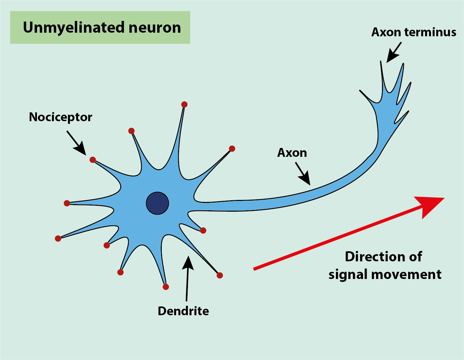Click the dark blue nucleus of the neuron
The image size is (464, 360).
coord(157,203)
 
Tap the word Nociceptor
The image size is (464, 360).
coord(60,117)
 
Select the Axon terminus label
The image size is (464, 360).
coord(414,32)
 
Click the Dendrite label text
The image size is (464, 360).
coord(183,311)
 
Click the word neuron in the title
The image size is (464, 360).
coord(155,27)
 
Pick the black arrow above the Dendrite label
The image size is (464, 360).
coord(187,278)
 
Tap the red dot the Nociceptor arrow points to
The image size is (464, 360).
coord(93,160)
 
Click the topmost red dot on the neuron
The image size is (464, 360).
coord(184,105)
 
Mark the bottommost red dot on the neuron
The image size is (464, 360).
coord(166,287)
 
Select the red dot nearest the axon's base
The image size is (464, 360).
coord(203,231)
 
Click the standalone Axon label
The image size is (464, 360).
coord(292,153)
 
